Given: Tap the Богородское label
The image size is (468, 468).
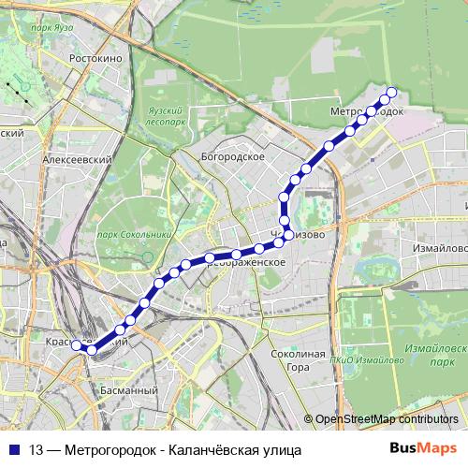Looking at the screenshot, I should [x=233, y=156].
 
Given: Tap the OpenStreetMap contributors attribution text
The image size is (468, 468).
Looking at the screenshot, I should [x=387, y=418].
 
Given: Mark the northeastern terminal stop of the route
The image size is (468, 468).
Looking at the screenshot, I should [x=391, y=92].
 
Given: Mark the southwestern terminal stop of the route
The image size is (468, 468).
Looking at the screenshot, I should [x=77, y=345].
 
